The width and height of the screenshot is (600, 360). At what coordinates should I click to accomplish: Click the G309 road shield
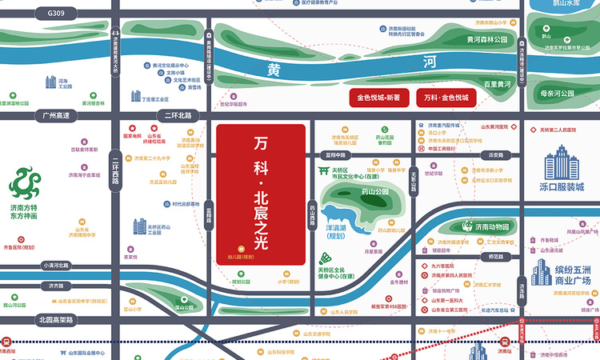57,14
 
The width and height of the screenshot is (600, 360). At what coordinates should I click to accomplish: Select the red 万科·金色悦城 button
446,97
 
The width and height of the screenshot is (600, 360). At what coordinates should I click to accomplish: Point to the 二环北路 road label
178,115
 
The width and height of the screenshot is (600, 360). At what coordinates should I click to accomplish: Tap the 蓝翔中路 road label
333,154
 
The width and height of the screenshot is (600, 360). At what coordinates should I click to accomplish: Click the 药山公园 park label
374,192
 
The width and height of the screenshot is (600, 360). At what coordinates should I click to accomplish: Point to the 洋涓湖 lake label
334,230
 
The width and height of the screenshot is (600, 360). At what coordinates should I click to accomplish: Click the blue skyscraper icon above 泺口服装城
562,164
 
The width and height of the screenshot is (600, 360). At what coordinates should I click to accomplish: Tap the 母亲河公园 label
558,94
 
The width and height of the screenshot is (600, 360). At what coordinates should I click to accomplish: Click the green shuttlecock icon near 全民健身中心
326,259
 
